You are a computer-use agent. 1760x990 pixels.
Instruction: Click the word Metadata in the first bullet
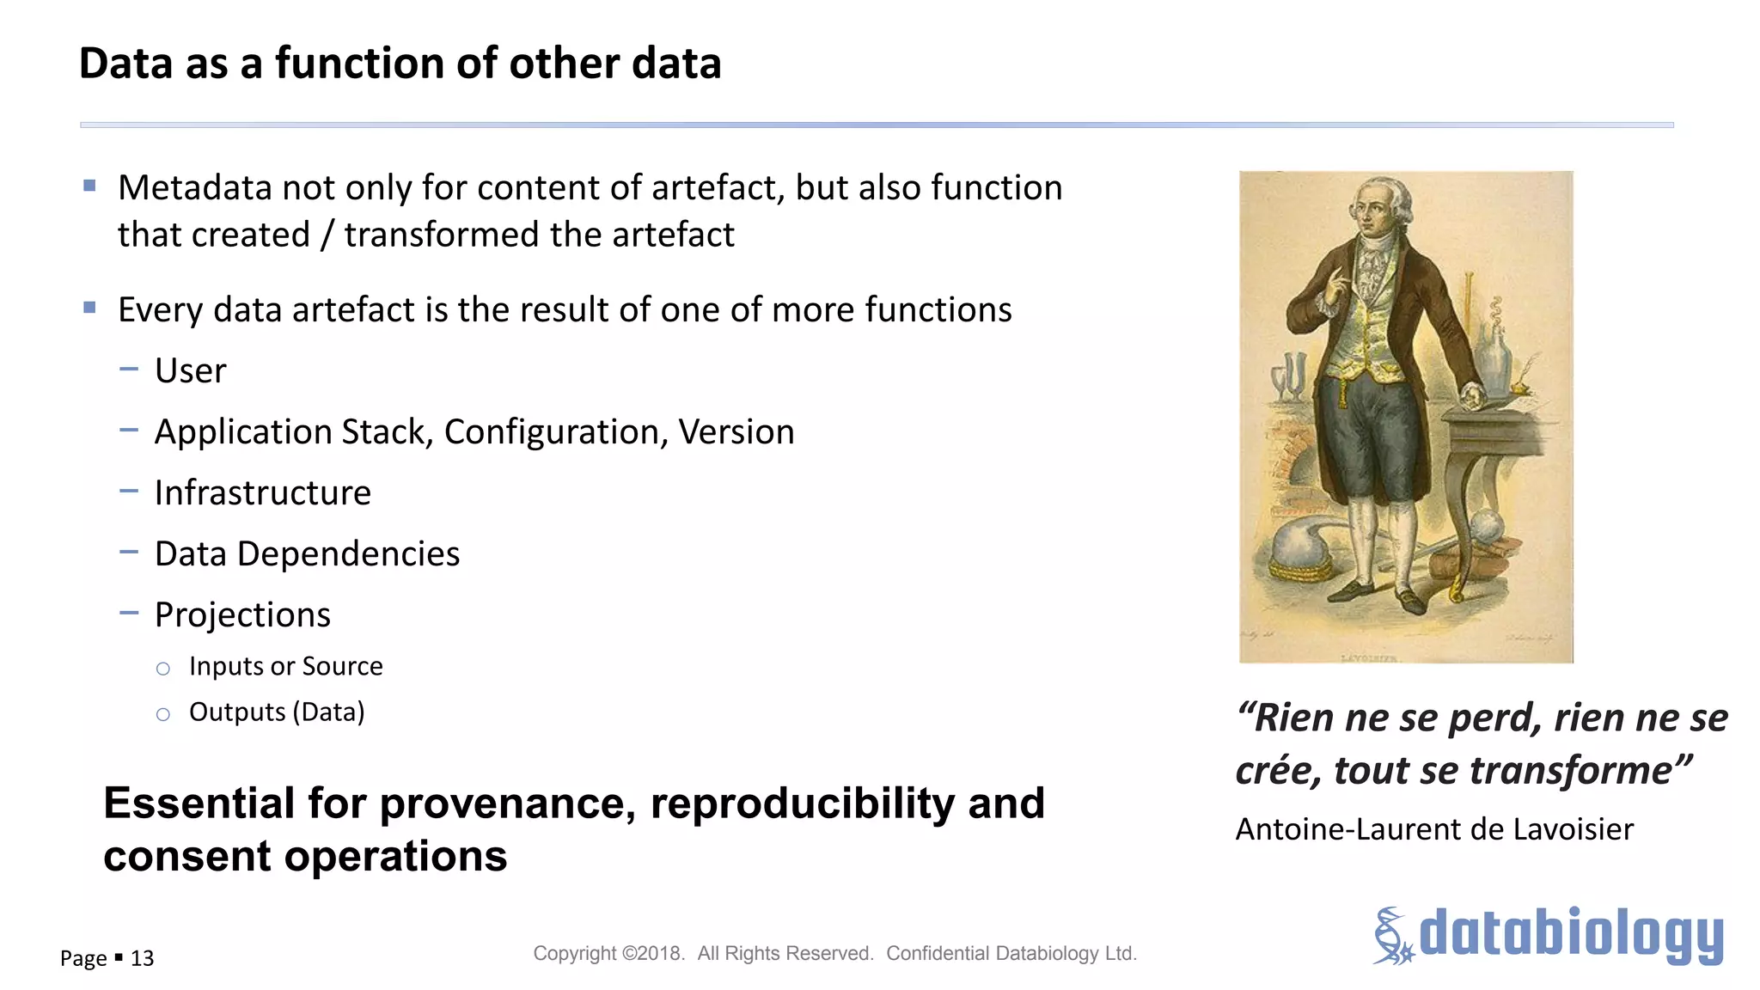(196, 188)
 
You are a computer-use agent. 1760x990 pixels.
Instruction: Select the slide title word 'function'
(361, 64)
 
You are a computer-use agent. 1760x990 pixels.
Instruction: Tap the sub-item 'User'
(190, 371)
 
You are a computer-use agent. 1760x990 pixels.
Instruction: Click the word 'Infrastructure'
(262, 493)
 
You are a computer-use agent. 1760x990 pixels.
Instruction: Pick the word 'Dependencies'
(348, 554)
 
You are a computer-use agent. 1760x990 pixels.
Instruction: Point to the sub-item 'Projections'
(242, 615)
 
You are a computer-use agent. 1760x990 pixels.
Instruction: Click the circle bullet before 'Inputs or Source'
(163, 669)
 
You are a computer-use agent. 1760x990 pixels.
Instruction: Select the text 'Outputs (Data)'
(277, 712)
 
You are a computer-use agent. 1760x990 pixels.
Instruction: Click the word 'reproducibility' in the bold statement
(802, 804)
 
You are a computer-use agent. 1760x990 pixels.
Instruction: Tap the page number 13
(142, 958)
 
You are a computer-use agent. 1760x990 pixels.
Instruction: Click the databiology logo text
(1571, 934)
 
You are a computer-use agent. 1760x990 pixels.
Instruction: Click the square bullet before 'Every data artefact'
(89, 308)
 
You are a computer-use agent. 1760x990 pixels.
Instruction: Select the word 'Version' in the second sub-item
(736, 432)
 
